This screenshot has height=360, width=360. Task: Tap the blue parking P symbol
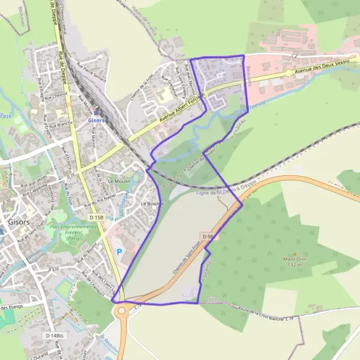point(119,253)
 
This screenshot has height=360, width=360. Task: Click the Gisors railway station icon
point(95,112)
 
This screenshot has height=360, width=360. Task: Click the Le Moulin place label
point(119,181)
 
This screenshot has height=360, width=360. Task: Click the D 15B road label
point(96,217)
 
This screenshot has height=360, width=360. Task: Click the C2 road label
point(294,56)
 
